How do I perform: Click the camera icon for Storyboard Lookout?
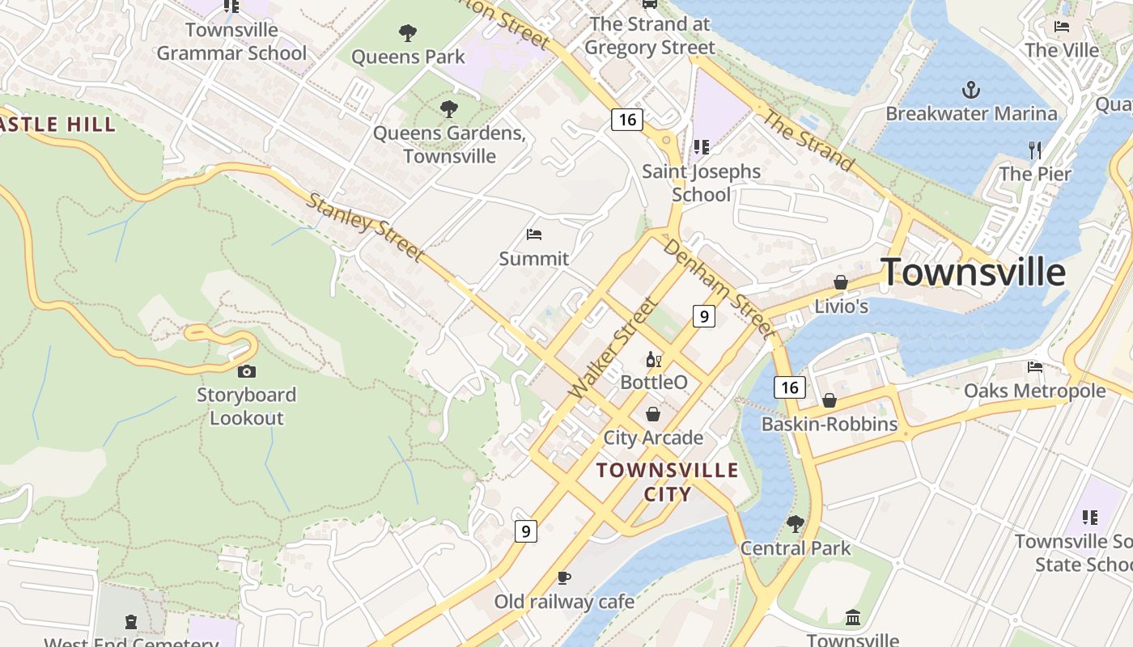(247, 371)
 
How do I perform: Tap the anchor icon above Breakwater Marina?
(970, 89)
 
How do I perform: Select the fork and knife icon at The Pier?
(1034, 150)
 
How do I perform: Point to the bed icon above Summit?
(533, 235)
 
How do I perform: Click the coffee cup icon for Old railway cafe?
(564, 577)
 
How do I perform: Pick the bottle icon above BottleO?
(653, 359)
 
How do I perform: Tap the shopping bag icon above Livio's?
(841, 282)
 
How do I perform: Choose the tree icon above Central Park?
(796, 524)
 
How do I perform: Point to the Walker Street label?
(612, 348)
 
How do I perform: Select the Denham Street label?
(719, 287)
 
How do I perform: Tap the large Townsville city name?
(973, 272)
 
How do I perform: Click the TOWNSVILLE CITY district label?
(668, 482)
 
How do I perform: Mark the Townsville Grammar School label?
(231, 42)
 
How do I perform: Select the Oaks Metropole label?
(1034, 391)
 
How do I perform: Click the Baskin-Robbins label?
(830, 424)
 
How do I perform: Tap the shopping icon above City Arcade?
(653, 414)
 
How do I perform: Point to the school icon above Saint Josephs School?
(701, 147)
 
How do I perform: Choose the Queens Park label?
(408, 57)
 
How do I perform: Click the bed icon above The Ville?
(1062, 27)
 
